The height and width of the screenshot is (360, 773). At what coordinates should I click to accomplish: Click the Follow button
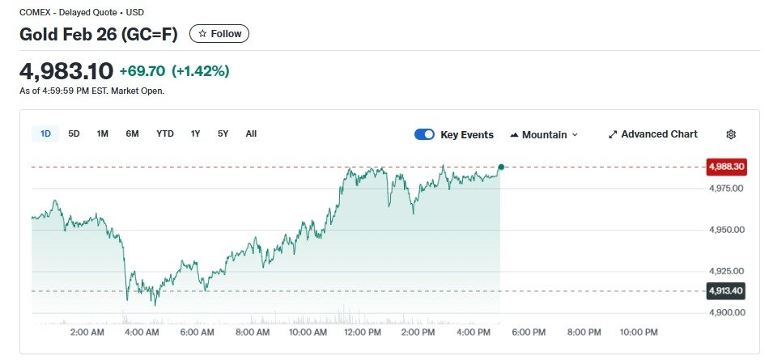pyautogui.click(x=219, y=34)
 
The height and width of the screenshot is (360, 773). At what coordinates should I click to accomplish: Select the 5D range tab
pyautogui.click(x=74, y=133)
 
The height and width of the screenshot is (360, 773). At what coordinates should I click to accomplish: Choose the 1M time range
pyautogui.click(x=103, y=133)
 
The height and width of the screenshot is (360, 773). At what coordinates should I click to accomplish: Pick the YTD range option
pyautogui.click(x=165, y=133)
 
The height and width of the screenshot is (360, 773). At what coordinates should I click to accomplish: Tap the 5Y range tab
pyautogui.click(x=223, y=133)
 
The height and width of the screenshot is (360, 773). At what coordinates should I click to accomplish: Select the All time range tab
pyautogui.click(x=251, y=133)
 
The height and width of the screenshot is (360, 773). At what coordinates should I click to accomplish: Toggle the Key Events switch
pyautogui.click(x=424, y=134)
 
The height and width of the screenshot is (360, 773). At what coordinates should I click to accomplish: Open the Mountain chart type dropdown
pyautogui.click(x=544, y=134)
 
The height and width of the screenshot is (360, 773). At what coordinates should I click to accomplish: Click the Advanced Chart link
pyautogui.click(x=652, y=134)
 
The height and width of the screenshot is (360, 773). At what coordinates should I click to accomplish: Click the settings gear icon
pyautogui.click(x=731, y=134)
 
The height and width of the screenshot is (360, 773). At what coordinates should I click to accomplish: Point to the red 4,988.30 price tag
pyautogui.click(x=726, y=167)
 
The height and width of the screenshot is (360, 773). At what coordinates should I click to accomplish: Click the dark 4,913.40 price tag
pyautogui.click(x=726, y=290)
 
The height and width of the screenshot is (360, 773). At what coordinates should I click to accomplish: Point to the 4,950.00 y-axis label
pyautogui.click(x=725, y=230)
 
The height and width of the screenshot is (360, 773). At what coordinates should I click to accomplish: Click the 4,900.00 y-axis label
pyautogui.click(x=725, y=312)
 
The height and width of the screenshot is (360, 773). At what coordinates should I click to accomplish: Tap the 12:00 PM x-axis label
pyautogui.click(x=363, y=332)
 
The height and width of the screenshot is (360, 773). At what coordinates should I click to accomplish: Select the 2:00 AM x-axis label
pyautogui.click(x=87, y=332)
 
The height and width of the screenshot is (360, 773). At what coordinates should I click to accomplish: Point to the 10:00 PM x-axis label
pyautogui.click(x=639, y=332)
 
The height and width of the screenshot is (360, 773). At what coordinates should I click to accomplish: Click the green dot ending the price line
pyautogui.click(x=501, y=167)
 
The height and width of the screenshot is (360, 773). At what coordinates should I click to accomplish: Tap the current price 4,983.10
pyautogui.click(x=66, y=71)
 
